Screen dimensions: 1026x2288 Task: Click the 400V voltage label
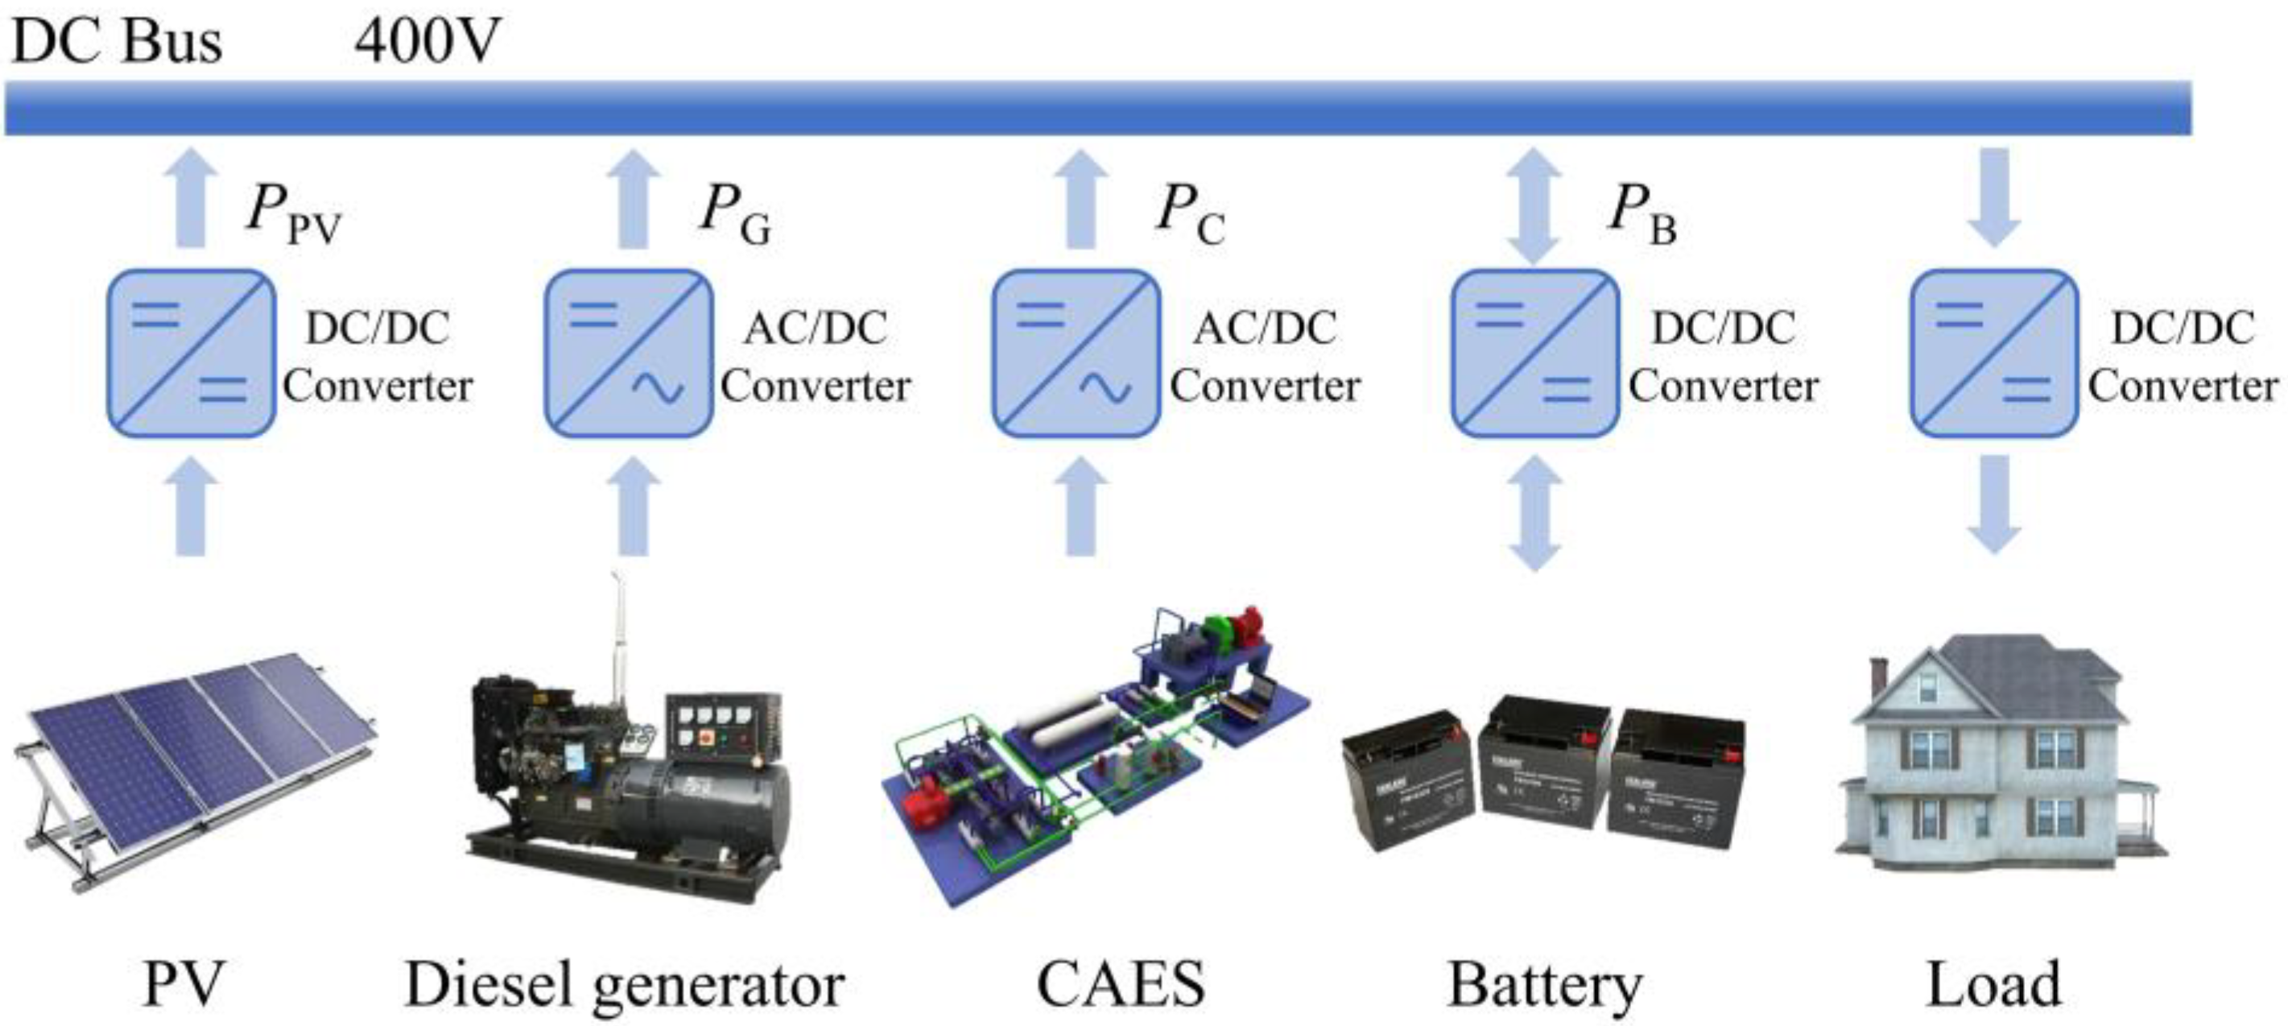[x=427, y=41]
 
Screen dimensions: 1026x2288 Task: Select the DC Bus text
[x=117, y=41]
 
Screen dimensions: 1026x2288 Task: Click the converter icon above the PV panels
[x=190, y=353]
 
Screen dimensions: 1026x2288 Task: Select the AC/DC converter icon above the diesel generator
[x=628, y=353]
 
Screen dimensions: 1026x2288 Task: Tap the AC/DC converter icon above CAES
[x=1076, y=353]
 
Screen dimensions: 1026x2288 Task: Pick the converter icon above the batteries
[x=1534, y=353]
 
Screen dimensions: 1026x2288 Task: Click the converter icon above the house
[x=1994, y=353]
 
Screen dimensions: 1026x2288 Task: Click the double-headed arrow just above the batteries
[x=1534, y=512]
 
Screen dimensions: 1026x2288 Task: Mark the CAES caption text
[x=1120, y=984]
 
